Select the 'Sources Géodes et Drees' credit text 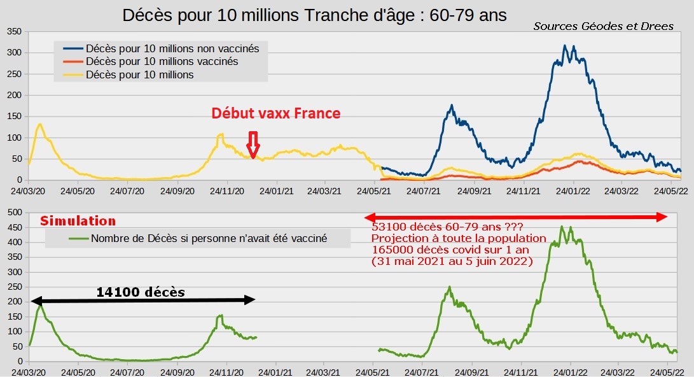[603, 26]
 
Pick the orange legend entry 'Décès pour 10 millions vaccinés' [162, 61]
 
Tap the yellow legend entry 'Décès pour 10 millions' [139, 75]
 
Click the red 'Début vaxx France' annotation [275, 113]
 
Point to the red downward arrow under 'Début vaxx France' [253, 145]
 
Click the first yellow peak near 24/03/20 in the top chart [40, 124]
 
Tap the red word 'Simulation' [78, 221]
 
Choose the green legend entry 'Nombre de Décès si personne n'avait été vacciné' [209, 239]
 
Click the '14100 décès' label [141, 292]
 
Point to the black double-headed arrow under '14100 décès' [142, 300]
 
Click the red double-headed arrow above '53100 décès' [516, 217]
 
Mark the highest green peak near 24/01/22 [562, 227]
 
